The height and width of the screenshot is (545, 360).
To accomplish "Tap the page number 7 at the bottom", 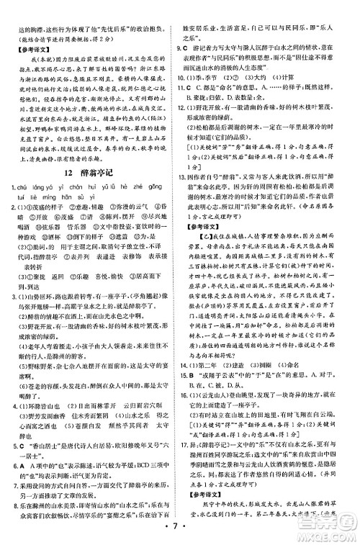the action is click(x=181, y=533).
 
